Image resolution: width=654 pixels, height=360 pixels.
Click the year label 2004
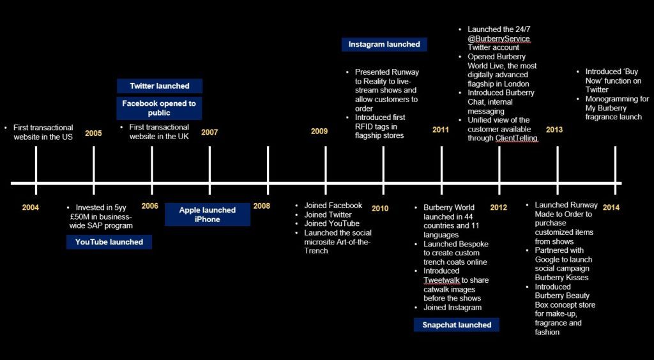click(30, 207)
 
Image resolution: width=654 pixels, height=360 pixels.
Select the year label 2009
click(319, 131)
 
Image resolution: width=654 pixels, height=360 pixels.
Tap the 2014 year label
click(611, 207)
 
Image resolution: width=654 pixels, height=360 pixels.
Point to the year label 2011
click(441, 130)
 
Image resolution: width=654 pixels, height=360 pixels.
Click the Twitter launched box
click(159, 86)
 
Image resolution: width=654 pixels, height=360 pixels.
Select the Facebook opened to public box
click(159, 108)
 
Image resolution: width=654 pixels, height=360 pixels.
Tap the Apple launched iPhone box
click(207, 214)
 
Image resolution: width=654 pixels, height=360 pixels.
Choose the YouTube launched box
click(109, 242)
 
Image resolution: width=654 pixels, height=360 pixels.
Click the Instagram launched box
click(384, 45)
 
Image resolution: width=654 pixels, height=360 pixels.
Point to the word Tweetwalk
click(441, 280)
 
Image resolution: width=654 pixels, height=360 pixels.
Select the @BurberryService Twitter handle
click(498, 38)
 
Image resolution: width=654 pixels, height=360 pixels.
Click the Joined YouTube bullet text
click(332, 223)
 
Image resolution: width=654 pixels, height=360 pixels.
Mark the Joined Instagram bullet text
click(452, 308)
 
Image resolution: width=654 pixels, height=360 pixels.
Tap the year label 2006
click(149, 206)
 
